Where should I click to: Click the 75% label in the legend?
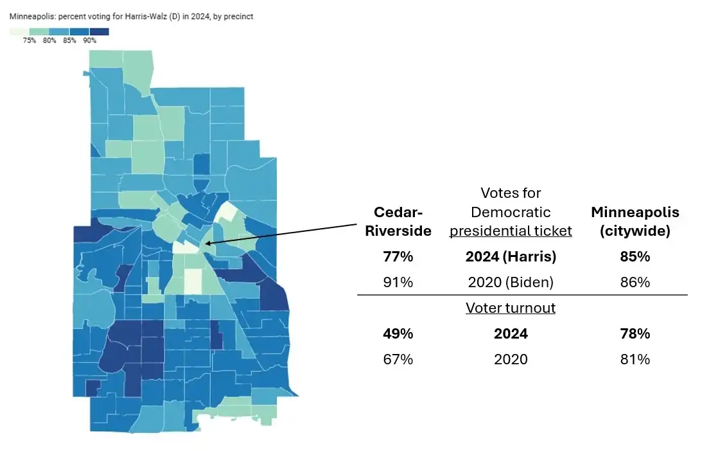tap(29, 40)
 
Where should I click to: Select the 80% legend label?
tap(49, 40)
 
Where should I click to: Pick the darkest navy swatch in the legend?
tap(99, 31)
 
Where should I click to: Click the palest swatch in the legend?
tap(19, 31)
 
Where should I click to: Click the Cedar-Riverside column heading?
tap(398, 222)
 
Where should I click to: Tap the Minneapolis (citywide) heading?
tap(635, 222)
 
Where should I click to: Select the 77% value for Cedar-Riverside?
tap(398, 256)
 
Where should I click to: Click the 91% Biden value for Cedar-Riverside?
tap(398, 282)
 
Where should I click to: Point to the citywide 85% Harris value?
tap(635, 256)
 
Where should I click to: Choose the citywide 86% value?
tap(635, 282)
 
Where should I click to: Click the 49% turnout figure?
tap(398, 334)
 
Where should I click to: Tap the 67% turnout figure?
tap(398, 359)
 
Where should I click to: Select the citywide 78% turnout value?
tap(635, 334)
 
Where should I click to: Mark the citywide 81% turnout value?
tap(635, 359)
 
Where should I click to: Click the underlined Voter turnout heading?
tap(511, 308)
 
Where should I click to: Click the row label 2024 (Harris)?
tap(511, 256)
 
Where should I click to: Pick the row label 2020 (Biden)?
tap(511, 282)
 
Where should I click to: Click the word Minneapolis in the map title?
tap(28, 17)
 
